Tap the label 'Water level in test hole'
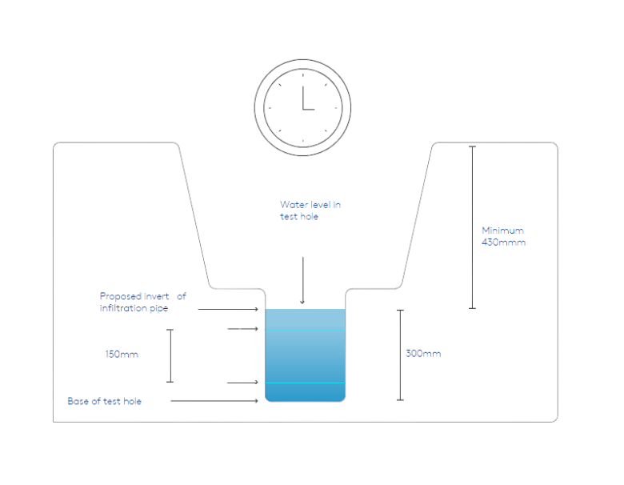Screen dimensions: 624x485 click(x=310, y=210)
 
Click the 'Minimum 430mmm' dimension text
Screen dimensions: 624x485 click(x=503, y=236)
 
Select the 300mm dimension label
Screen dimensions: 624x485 click(x=423, y=353)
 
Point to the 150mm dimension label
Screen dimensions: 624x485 click(x=122, y=354)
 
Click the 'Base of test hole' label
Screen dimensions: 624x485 click(x=104, y=401)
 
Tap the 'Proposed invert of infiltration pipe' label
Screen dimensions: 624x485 click(x=143, y=303)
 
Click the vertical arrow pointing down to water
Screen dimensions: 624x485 click(x=302, y=280)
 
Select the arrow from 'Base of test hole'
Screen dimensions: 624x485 click(x=214, y=401)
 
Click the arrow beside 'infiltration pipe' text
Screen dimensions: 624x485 click(x=228, y=309)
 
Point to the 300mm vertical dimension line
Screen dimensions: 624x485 click(x=400, y=355)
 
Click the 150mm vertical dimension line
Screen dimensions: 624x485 click(x=170, y=355)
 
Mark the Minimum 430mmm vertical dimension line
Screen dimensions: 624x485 click(x=472, y=227)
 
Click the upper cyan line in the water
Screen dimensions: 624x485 click(x=306, y=330)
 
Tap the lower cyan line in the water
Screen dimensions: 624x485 click(x=306, y=383)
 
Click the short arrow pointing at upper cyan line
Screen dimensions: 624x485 click(x=242, y=328)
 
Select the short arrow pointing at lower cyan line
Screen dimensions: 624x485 click(x=242, y=383)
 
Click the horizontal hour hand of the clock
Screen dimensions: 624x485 click(x=309, y=109)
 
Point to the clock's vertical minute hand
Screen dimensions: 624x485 click(x=303, y=98)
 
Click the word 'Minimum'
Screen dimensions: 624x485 click(x=502, y=230)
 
